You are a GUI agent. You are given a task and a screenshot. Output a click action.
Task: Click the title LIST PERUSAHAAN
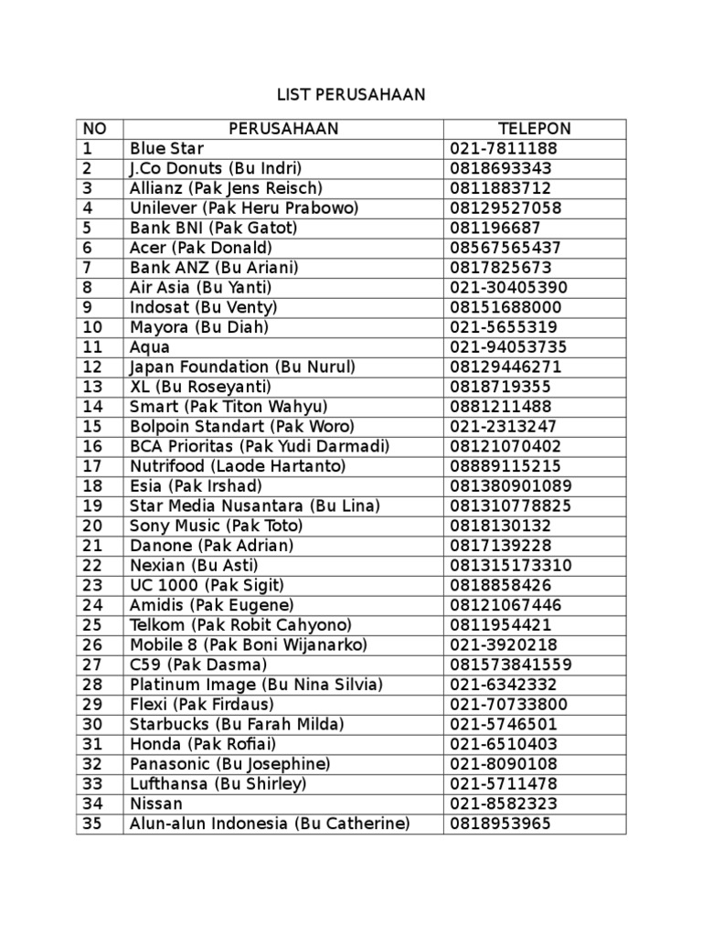352,95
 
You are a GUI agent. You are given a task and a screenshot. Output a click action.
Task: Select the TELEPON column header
535,129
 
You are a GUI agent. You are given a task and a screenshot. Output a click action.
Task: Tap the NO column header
94,129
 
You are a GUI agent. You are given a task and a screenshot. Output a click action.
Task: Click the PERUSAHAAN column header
283,129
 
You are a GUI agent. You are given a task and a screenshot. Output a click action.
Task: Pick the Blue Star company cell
167,149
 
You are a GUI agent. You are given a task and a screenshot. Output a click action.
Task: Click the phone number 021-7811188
504,149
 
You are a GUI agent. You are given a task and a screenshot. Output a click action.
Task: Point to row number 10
93,327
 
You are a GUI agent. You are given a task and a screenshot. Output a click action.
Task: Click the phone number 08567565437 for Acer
505,248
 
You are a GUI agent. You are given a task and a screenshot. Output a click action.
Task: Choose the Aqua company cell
150,347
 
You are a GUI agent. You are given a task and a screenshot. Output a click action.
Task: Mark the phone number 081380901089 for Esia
511,486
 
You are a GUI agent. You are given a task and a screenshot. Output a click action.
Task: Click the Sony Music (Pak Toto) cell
216,526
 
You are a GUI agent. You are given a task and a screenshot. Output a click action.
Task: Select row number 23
93,585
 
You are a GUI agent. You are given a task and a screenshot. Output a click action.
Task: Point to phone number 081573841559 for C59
511,665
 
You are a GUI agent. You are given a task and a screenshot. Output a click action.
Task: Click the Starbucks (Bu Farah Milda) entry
237,724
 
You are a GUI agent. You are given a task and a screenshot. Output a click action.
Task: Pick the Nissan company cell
156,803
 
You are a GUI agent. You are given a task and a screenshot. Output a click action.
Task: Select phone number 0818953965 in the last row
501,824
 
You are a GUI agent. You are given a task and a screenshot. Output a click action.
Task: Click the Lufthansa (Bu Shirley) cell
218,783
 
